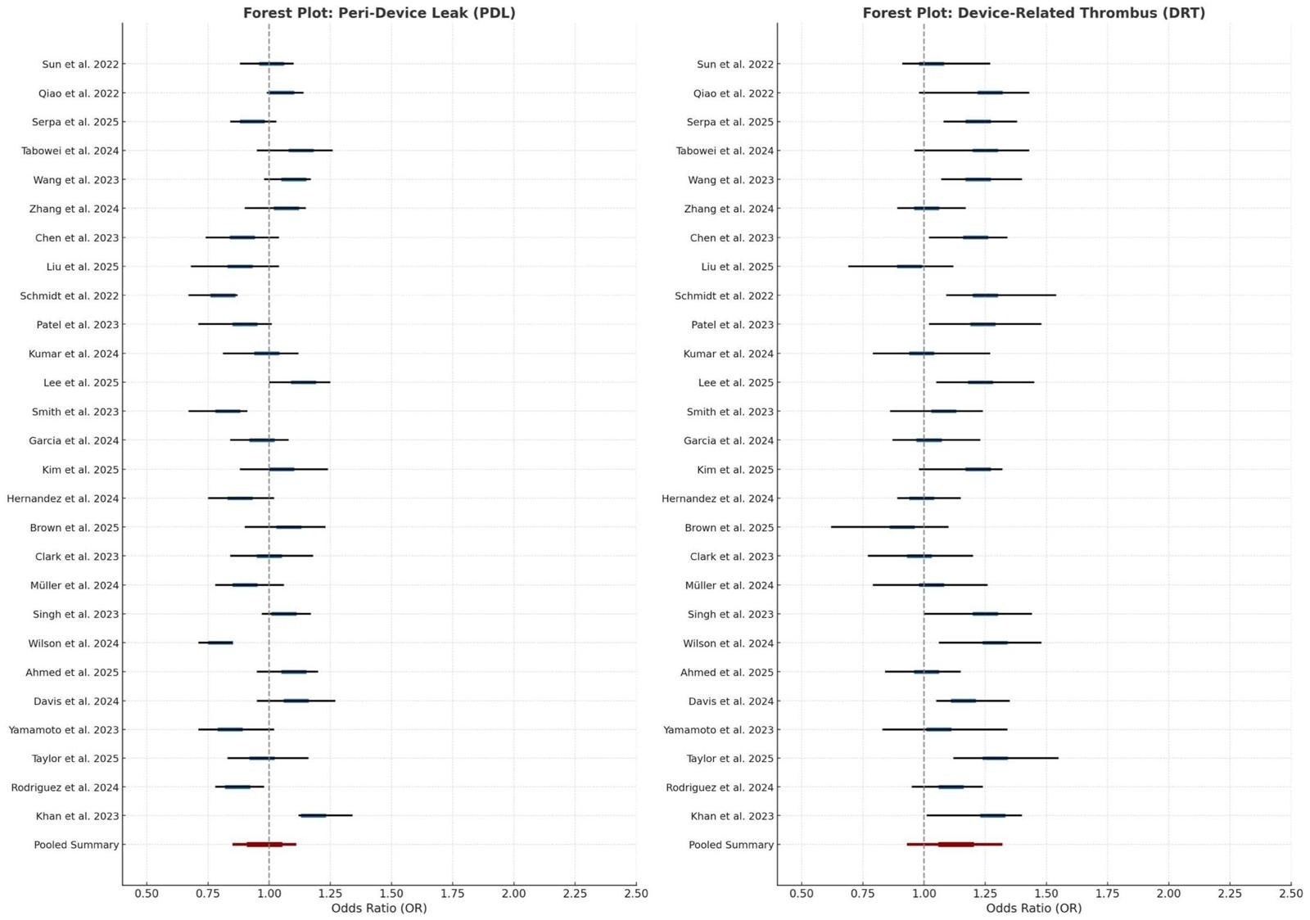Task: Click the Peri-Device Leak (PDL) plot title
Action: (379, 13)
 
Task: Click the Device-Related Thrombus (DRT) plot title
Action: (1033, 13)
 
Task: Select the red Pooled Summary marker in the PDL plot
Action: (264, 844)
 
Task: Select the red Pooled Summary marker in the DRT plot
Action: (956, 844)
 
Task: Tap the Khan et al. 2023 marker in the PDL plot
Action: (313, 815)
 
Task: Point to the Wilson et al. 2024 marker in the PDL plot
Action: (220, 643)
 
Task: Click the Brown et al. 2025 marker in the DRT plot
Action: (902, 527)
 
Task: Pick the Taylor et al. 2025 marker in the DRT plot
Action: (995, 758)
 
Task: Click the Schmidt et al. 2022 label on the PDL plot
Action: (70, 295)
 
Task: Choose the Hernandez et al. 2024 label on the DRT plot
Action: (717, 498)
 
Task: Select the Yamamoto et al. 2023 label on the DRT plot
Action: (718, 730)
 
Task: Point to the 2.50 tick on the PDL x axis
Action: (635, 893)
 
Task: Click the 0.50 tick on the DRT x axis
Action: (802, 893)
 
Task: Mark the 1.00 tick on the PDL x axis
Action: (269, 893)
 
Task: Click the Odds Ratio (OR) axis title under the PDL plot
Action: (379, 908)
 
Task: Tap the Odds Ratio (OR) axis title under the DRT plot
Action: (1033, 908)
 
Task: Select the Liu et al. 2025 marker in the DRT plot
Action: (910, 266)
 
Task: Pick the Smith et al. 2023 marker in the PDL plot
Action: (228, 411)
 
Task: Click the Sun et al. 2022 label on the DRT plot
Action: (734, 64)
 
